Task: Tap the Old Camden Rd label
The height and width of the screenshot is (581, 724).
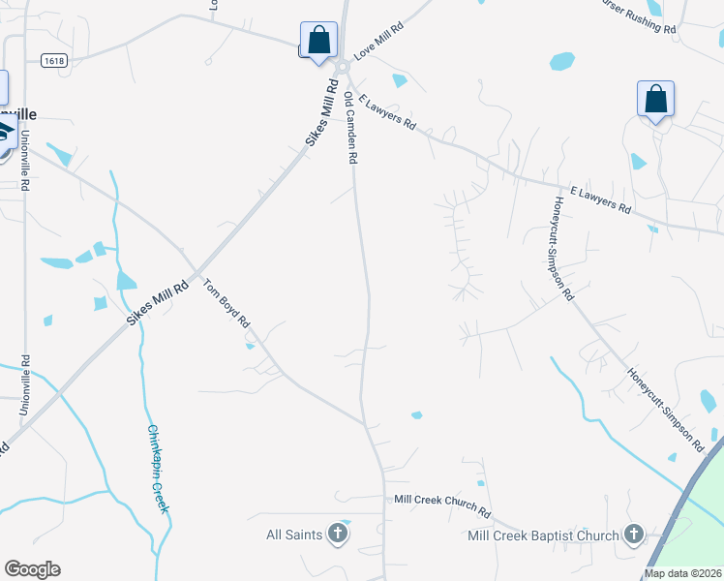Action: click(352, 128)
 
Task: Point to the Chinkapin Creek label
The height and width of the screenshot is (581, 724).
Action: click(159, 469)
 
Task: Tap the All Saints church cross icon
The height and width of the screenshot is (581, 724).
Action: click(337, 535)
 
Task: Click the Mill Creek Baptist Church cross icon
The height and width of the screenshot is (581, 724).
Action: click(633, 535)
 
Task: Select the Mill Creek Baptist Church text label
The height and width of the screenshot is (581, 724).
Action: click(542, 535)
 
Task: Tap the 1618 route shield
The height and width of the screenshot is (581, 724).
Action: click(53, 60)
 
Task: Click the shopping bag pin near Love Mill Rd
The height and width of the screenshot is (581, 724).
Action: click(318, 42)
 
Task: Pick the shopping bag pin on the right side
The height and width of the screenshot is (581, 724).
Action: click(655, 100)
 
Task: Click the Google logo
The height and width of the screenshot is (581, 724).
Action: click(32, 569)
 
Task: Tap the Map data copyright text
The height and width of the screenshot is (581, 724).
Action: click(682, 573)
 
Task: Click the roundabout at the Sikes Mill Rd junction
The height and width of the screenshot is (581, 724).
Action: click(342, 67)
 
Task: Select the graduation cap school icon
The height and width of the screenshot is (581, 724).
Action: click(5, 135)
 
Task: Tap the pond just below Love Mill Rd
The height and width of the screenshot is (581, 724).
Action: click(399, 80)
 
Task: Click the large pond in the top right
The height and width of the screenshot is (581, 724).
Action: click(561, 61)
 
